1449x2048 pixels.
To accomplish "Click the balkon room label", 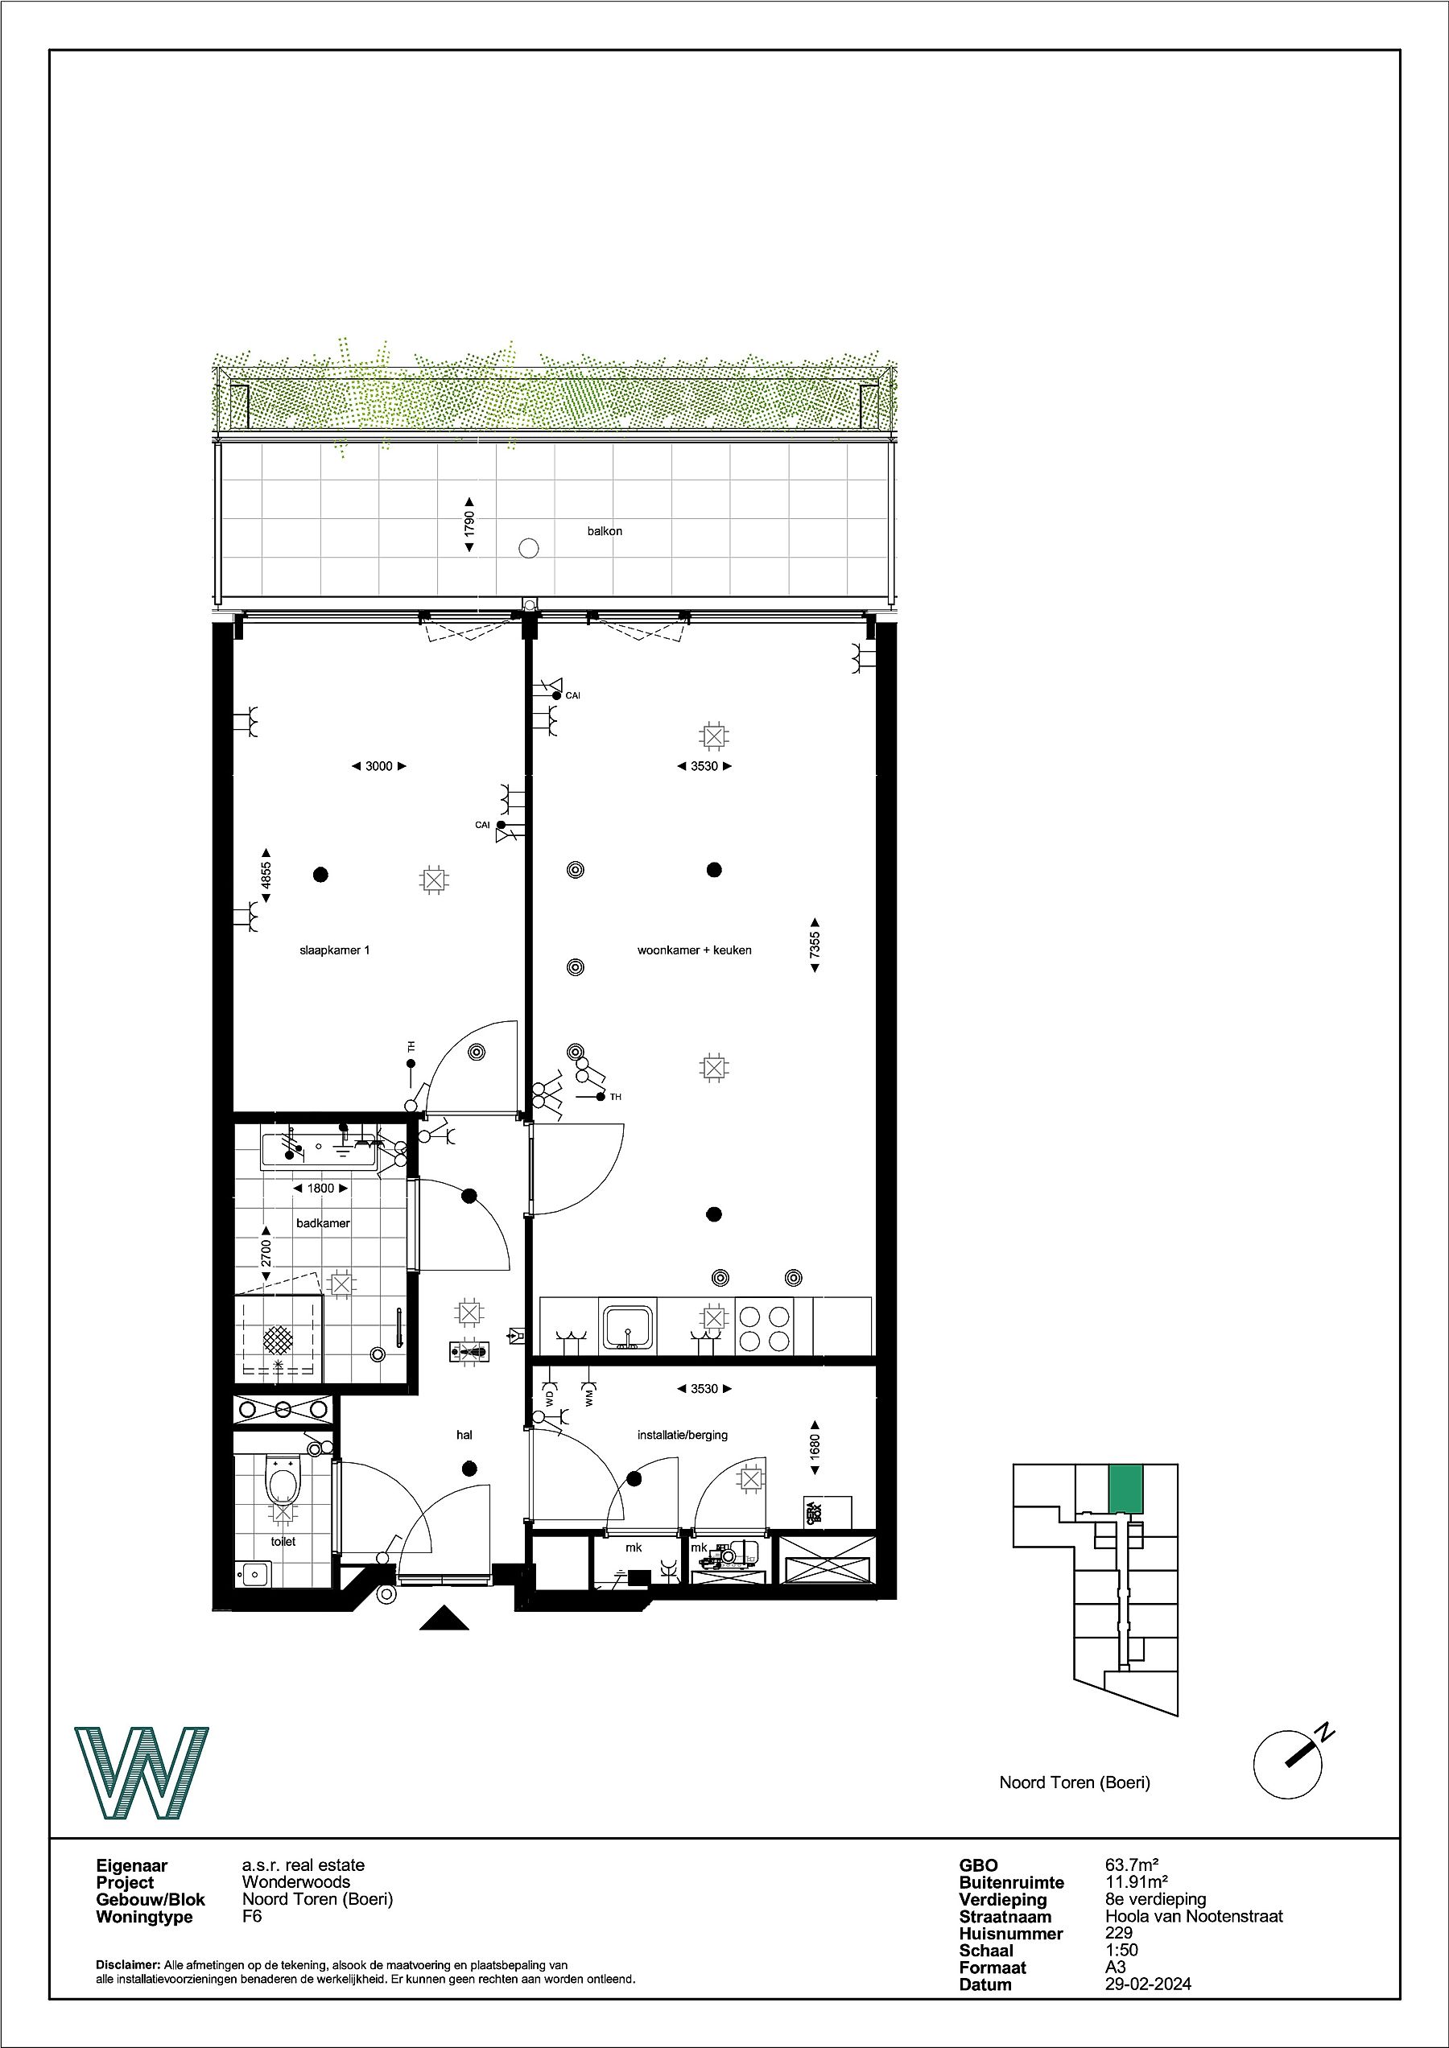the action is pyautogui.click(x=604, y=531).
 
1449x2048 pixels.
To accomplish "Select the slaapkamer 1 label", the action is pyautogui.click(x=335, y=950).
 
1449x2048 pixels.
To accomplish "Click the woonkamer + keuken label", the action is pyautogui.click(x=694, y=950).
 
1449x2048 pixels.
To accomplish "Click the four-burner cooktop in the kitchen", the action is pyautogui.click(x=764, y=1327).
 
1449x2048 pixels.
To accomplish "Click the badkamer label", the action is pyautogui.click(x=323, y=1223).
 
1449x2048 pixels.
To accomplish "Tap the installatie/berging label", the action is pyautogui.click(x=683, y=1435).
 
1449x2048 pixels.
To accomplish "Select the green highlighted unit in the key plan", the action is pyautogui.click(x=1125, y=1489).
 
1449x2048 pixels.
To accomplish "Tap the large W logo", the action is pyautogui.click(x=141, y=1774).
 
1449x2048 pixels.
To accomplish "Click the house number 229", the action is pyautogui.click(x=1118, y=1933).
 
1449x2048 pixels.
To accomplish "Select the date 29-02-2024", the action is pyautogui.click(x=1148, y=1984).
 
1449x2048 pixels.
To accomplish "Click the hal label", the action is pyautogui.click(x=464, y=1435).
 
